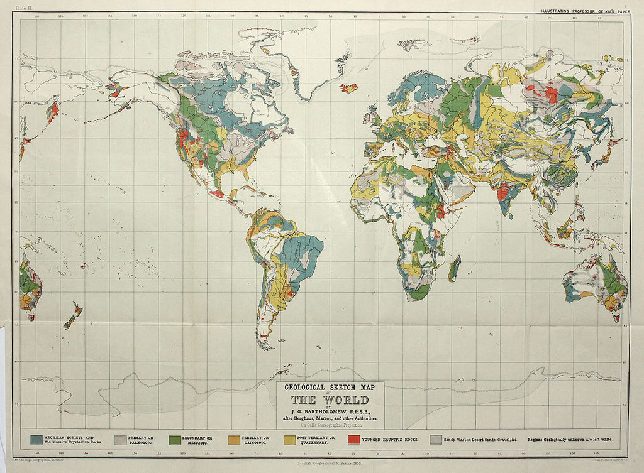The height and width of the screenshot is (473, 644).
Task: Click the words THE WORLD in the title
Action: [x=330, y=400]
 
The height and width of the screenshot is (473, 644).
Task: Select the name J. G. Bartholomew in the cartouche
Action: [x=330, y=411]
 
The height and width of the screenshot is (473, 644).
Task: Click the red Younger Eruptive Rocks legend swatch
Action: [x=354, y=439]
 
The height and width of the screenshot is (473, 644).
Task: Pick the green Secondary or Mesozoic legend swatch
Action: [x=175, y=439]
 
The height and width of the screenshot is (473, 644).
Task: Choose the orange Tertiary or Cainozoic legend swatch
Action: [x=233, y=439]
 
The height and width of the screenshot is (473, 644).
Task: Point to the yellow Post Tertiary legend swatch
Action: [x=291, y=439]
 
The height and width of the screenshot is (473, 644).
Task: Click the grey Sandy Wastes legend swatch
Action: [x=435, y=439]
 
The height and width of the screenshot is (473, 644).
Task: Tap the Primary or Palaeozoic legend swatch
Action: [x=120, y=439]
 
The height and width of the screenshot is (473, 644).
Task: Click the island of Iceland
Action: [x=348, y=88]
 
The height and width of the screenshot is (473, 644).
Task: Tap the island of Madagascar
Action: [x=454, y=268]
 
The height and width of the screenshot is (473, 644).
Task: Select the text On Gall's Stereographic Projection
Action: [x=330, y=425]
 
